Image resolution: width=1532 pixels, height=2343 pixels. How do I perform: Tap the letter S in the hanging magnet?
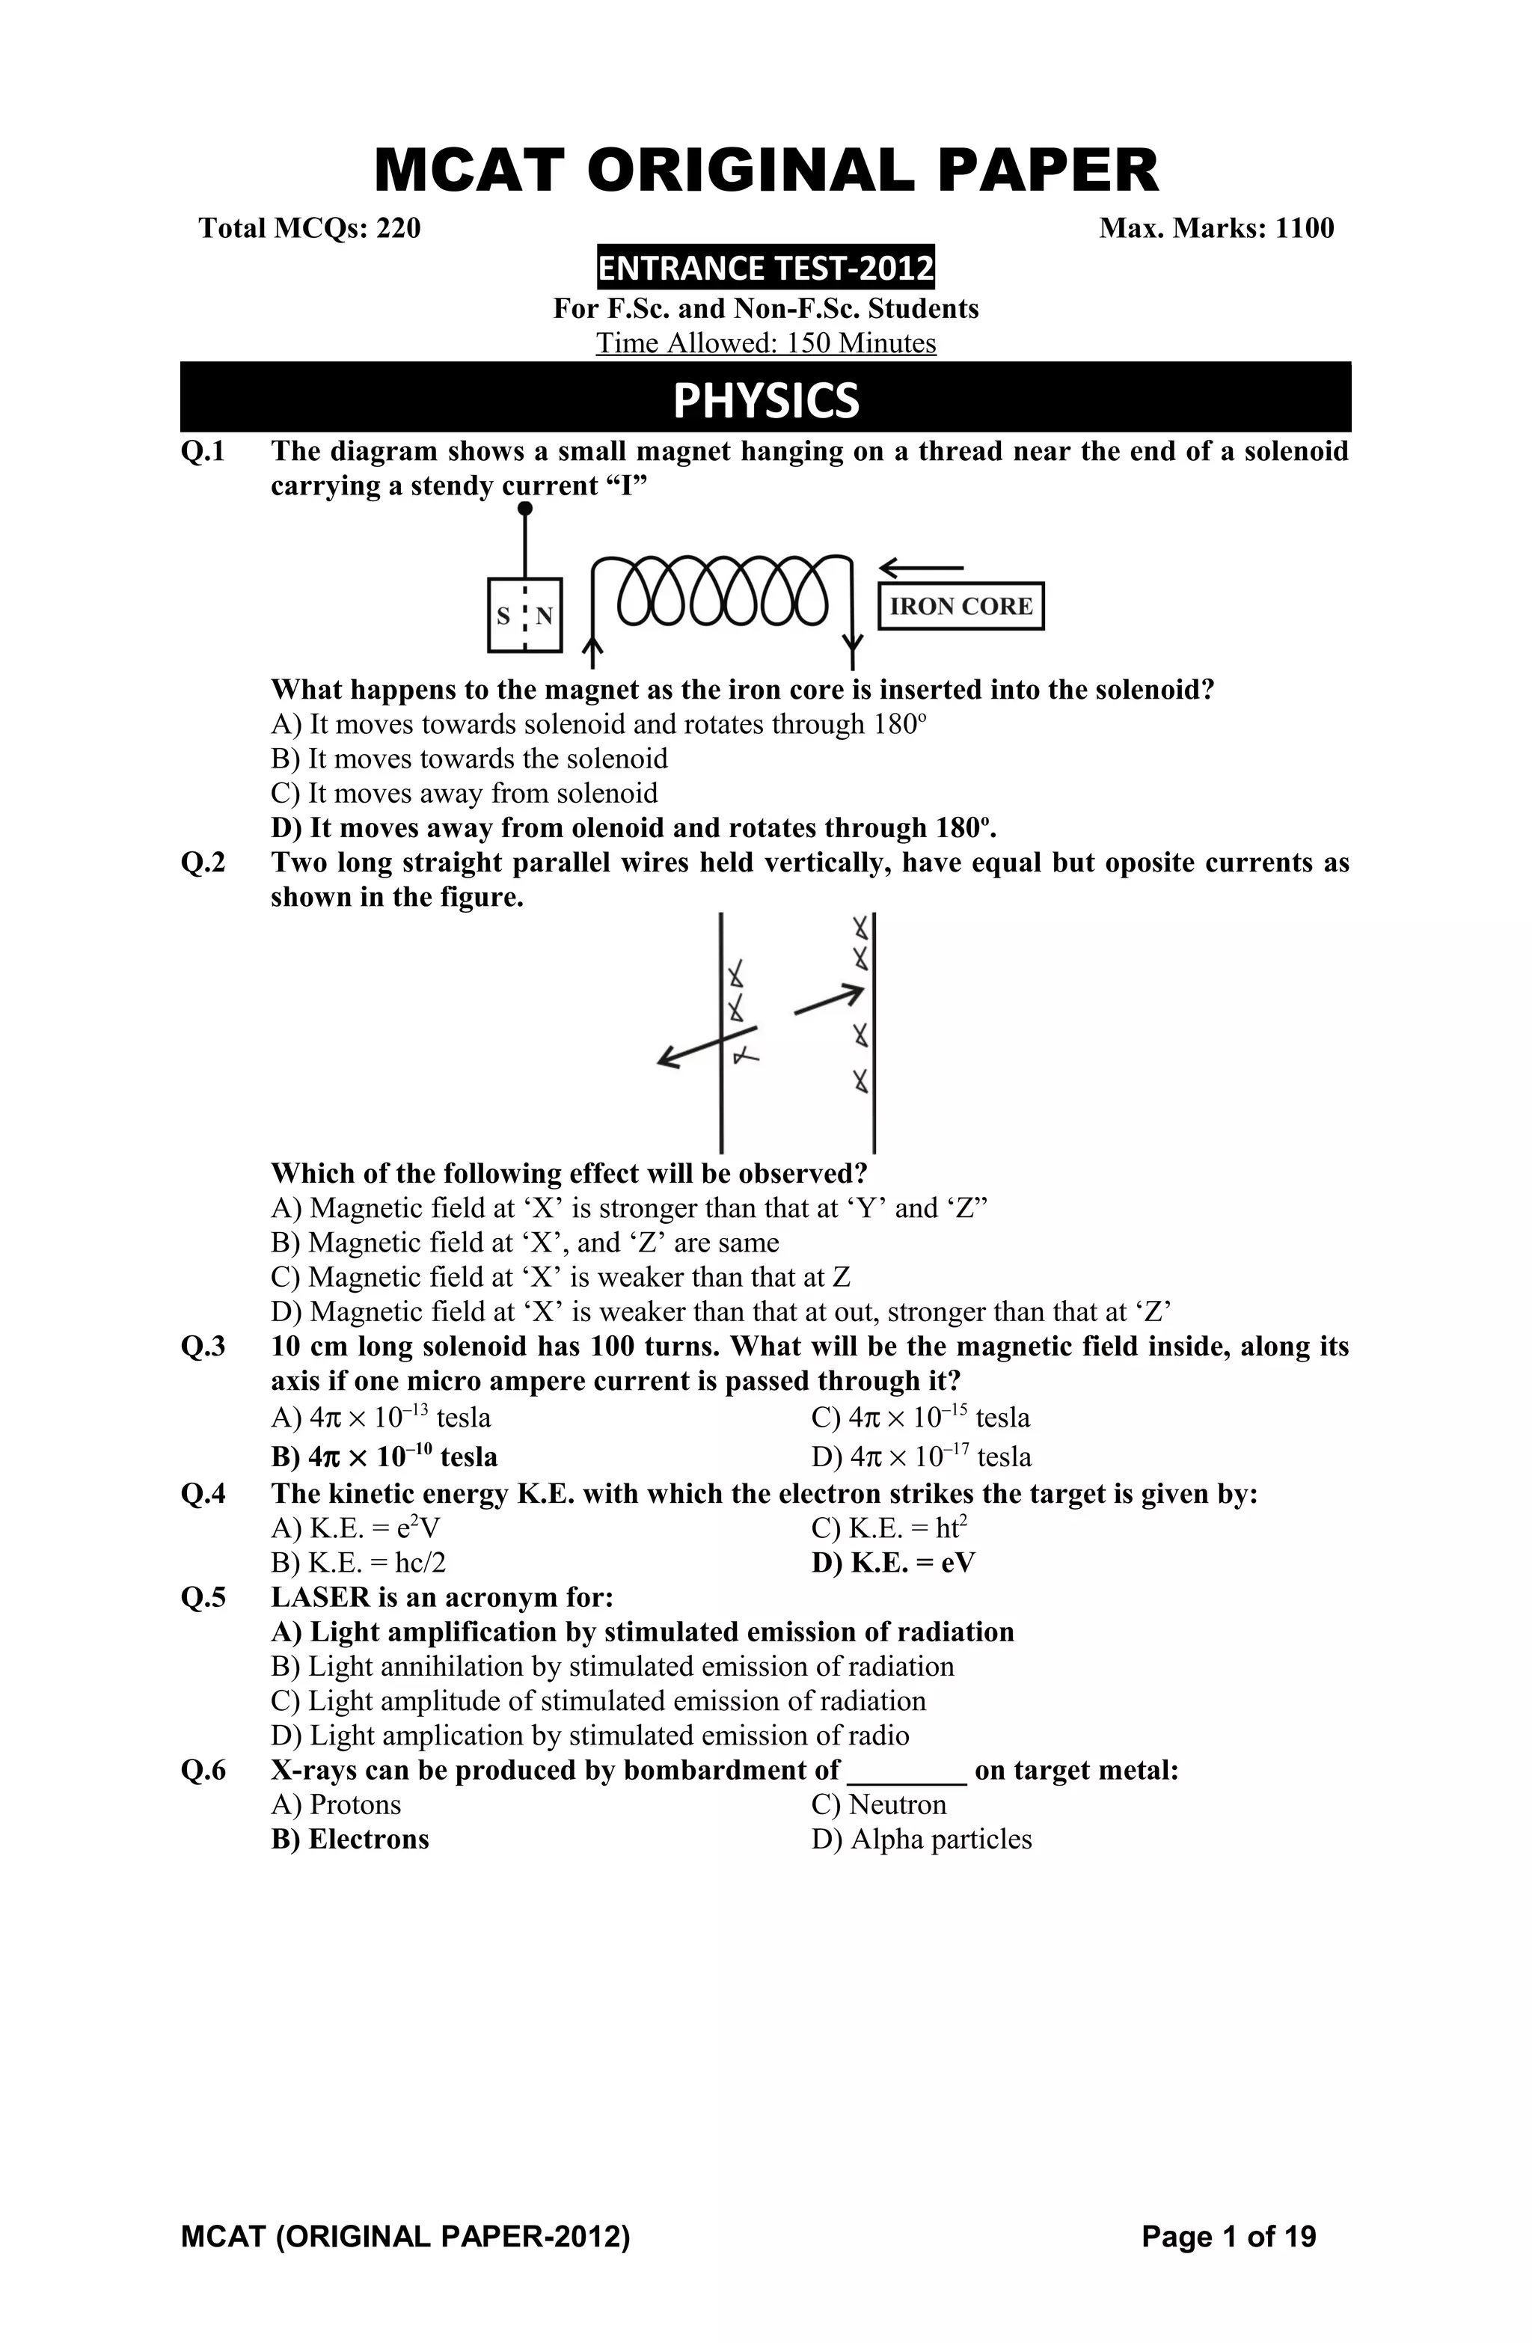click(503, 617)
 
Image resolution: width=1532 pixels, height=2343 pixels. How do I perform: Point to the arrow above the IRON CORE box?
click(921, 568)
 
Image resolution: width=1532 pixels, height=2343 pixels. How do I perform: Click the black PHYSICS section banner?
click(765, 399)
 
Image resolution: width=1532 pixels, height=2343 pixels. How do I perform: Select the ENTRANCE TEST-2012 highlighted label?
click(765, 268)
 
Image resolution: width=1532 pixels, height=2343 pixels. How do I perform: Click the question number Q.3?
click(203, 1347)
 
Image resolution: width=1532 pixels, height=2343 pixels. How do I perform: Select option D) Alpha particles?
click(921, 1839)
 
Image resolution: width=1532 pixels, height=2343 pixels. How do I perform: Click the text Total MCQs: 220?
click(309, 228)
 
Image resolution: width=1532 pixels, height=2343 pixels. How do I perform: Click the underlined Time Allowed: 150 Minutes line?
click(765, 343)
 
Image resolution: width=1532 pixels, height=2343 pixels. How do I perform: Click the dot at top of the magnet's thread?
click(525, 509)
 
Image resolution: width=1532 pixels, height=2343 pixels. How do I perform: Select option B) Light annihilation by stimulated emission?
click(611, 1667)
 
